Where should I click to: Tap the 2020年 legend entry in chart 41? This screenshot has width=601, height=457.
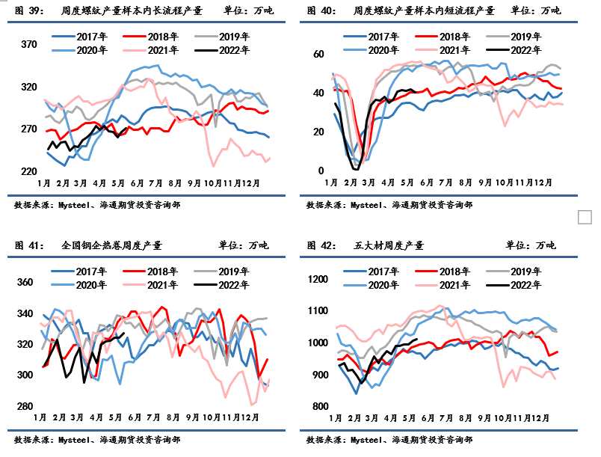tap(91, 285)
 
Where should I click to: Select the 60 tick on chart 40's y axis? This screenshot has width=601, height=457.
tap(318, 54)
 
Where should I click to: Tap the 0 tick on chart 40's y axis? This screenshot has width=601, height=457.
tap(321, 171)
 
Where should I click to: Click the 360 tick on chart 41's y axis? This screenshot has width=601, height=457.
tap(25, 283)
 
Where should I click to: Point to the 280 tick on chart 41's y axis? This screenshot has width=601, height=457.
tap(25, 406)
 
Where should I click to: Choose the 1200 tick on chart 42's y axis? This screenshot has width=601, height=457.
tap(318, 280)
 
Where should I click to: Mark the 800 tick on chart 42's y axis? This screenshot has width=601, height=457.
tap(320, 406)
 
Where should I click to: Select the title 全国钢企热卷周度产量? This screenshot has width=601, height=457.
tap(111, 245)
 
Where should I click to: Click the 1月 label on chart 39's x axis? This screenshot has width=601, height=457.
tap(43, 183)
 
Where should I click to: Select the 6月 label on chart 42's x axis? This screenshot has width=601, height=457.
tap(428, 418)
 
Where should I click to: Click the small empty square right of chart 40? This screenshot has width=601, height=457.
tap(585, 217)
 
